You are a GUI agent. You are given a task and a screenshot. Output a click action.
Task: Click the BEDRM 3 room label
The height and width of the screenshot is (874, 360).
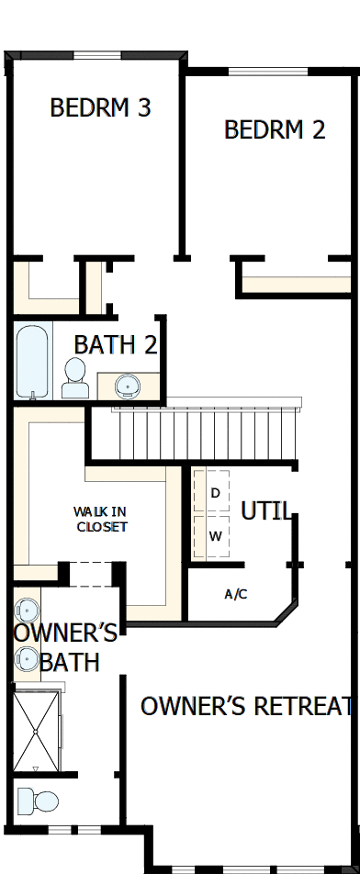tap(100, 107)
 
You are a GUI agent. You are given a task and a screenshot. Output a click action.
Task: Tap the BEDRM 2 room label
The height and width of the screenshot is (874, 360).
tap(275, 129)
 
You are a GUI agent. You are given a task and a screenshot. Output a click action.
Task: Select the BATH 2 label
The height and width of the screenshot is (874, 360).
tap(116, 345)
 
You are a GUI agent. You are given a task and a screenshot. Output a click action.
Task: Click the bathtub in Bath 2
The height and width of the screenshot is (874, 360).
tap(32, 362)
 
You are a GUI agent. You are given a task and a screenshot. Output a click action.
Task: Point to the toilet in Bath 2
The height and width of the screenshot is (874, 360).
tap(75, 378)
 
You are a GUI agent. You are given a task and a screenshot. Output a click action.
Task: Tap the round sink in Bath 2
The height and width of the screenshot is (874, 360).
tap(128, 386)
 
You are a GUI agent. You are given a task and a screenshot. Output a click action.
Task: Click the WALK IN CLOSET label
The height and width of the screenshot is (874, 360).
tap(101, 519)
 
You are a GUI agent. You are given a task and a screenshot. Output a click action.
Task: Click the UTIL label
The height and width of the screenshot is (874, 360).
tap(265, 510)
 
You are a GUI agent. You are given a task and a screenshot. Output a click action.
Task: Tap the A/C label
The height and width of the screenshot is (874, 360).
tap(236, 594)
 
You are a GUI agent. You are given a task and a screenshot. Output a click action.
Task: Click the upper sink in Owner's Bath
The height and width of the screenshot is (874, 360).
tap(27, 611)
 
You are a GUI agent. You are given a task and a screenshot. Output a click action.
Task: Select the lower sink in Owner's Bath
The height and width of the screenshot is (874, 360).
tap(27, 659)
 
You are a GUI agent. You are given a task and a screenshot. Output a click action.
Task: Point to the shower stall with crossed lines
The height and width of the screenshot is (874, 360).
tap(36, 731)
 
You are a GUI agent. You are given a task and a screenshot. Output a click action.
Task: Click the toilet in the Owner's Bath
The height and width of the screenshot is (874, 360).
tap(38, 801)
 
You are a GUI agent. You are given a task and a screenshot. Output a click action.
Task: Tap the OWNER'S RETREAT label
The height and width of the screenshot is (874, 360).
tap(246, 706)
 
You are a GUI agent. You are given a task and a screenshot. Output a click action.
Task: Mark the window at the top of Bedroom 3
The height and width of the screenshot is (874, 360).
tap(97, 55)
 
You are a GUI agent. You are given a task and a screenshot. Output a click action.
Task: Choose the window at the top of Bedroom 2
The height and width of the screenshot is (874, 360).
tap(268, 72)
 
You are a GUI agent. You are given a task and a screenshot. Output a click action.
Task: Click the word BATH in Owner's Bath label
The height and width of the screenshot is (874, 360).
tap(70, 663)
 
